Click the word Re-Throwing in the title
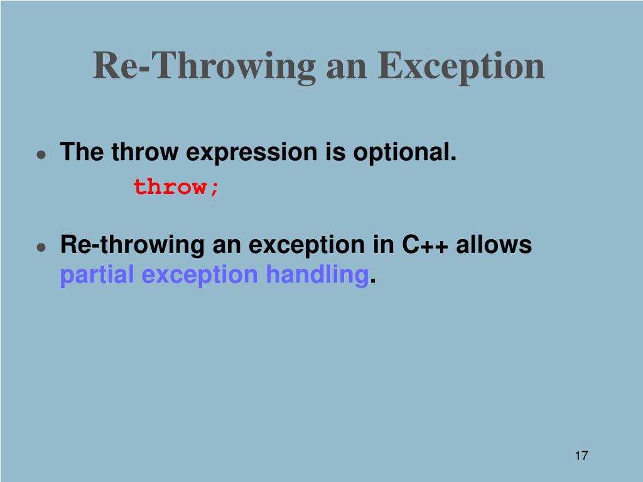(x=204, y=66)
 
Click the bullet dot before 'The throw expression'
(x=40, y=154)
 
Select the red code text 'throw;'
(x=176, y=186)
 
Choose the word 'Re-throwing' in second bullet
(x=132, y=245)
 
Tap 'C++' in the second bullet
(x=425, y=245)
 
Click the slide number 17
(x=581, y=456)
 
